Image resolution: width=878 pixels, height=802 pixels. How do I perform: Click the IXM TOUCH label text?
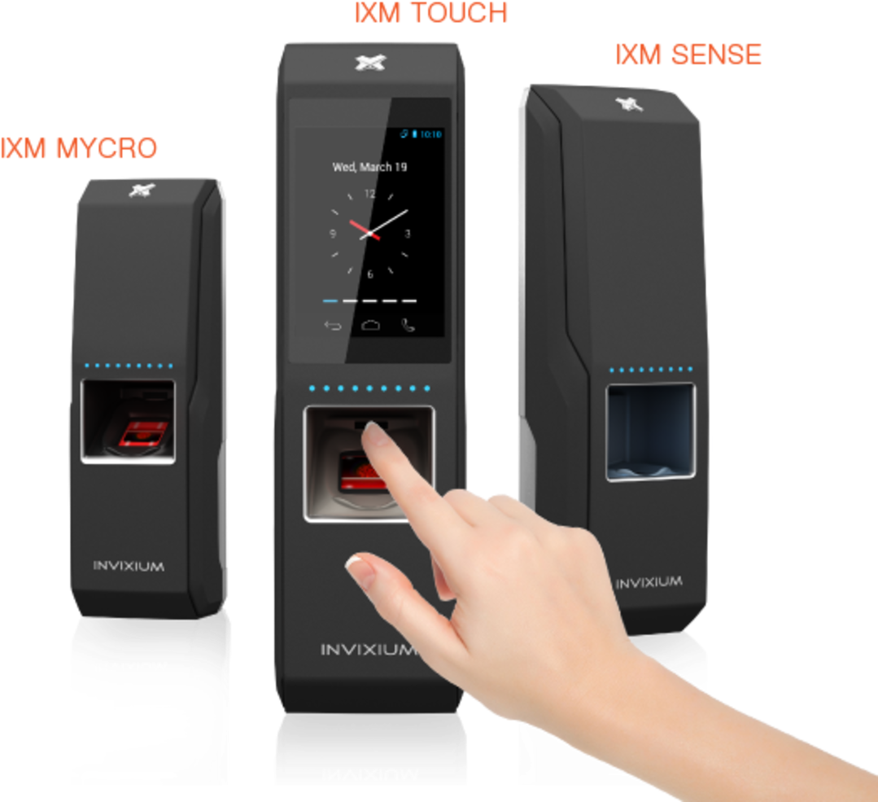[431, 13]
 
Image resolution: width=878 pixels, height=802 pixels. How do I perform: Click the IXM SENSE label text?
[688, 55]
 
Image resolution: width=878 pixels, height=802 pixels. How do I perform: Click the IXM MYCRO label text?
[79, 148]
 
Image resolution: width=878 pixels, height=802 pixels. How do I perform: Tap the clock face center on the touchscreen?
[370, 233]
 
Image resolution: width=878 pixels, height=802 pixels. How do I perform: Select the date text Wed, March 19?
[369, 167]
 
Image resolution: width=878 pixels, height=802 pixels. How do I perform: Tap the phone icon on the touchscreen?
[408, 326]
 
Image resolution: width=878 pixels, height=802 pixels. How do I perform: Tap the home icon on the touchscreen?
[370, 326]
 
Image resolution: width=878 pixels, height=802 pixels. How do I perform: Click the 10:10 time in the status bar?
[431, 134]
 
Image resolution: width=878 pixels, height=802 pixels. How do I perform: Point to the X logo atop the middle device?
[370, 63]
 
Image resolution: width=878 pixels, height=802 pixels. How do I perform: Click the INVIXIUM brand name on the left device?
[129, 566]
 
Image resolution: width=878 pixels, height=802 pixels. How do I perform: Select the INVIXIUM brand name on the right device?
[649, 583]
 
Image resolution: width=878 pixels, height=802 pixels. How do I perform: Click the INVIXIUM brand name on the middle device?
[369, 650]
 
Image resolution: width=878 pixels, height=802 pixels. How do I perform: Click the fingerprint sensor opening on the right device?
[650, 432]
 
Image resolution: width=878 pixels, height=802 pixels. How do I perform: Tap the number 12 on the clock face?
[369, 194]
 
